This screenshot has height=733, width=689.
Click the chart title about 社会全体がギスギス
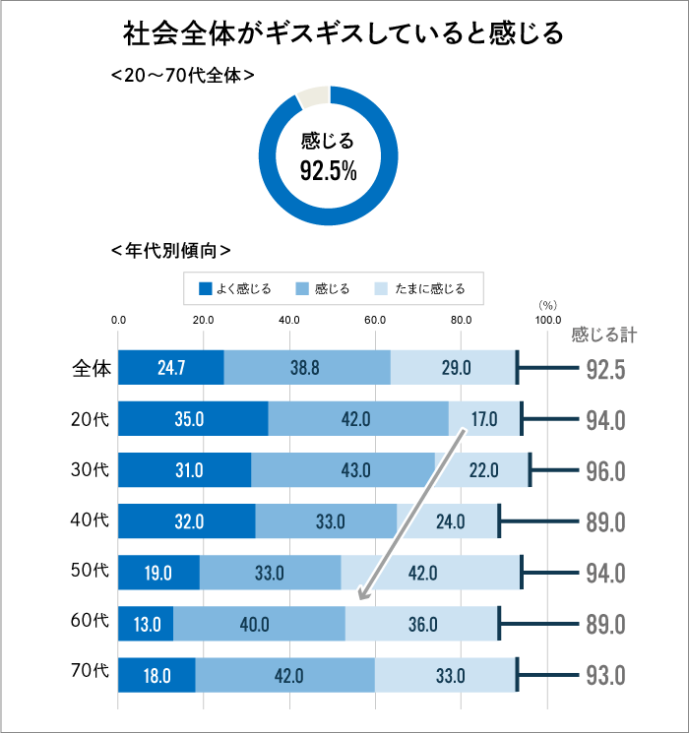pyautogui.click(x=344, y=33)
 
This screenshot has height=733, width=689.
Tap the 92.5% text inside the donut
pyautogui.click(x=328, y=172)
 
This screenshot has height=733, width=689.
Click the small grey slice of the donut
pyautogui.click(x=312, y=95)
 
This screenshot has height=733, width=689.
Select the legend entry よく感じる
pyautogui.click(x=235, y=288)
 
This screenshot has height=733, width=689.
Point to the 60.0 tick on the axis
pyautogui.click(x=375, y=320)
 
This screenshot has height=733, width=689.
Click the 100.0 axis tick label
pyautogui.click(x=547, y=320)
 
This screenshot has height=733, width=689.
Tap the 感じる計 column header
pyautogui.click(x=603, y=335)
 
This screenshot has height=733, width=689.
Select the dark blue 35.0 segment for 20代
pyautogui.click(x=193, y=419)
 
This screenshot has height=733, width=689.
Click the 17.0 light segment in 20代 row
pyautogui.click(x=483, y=419)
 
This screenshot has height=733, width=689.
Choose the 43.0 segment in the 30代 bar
pyautogui.click(x=343, y=470)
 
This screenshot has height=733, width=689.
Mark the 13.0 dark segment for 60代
pyautogui.click(x=146, y=624)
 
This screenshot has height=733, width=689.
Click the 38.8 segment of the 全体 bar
pyautogui.click(x=306, y=368)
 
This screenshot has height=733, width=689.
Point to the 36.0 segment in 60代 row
pyautogui.click(x=422, y=624)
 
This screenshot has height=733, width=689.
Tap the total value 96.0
pyautogui.click(x=605, y=471)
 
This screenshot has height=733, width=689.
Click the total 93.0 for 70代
pyautogui.click(x=605, y=676)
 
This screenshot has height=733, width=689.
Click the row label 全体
pyautogui.click(x=92, y=367)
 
